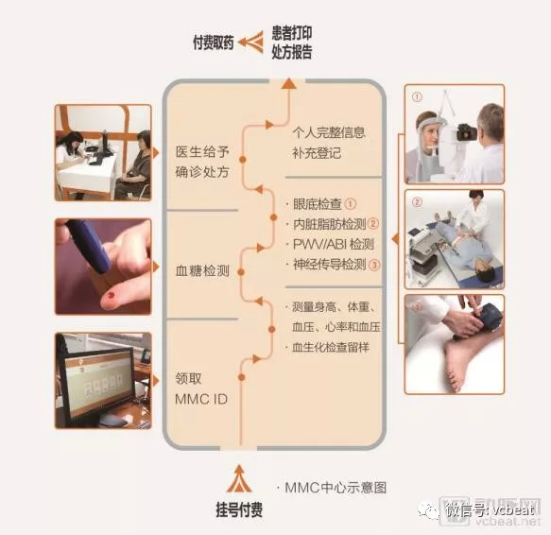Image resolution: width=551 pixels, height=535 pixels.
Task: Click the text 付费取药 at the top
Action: click(213, 43)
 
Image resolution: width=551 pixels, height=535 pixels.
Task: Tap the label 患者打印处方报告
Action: click(292, 43)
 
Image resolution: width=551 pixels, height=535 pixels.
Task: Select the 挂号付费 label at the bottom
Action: click(239, 509)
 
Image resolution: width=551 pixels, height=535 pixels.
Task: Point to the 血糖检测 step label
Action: click(202, 271)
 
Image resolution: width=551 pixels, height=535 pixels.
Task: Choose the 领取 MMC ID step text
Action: click(201, 388)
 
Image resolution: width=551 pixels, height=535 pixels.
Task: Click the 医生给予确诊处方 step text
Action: click(202, 162)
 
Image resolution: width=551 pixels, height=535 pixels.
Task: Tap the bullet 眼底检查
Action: click(318, 204)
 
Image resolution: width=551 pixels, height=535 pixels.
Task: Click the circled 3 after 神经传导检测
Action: click(374, 265)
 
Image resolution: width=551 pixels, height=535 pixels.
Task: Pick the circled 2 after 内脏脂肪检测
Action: click(372, 224)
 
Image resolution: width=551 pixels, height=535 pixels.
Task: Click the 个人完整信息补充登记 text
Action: click(329, 143)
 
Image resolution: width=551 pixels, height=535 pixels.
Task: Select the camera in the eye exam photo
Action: click(467, 132)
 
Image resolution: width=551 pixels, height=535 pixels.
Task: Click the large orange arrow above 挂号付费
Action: click(239, 478)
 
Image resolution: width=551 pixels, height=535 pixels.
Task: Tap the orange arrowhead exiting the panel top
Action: click(288, 83)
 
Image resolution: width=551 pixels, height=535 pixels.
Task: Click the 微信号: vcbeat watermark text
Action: click(491, 509)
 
